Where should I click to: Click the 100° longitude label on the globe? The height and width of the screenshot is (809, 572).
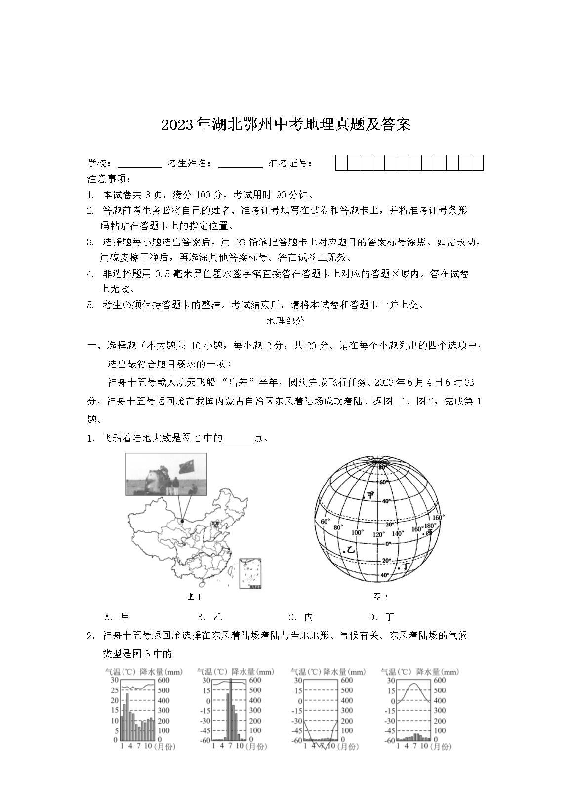[x=357, y=533]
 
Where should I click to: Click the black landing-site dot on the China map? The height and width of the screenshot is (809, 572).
[x=182, y=521]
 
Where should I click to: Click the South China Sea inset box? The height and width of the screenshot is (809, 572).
[x=250, y=573]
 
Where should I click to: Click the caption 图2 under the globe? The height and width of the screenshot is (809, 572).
[x=380, y=597]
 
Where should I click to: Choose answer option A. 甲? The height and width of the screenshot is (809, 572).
[x=118, y=617]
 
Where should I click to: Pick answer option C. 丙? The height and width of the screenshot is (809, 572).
[x=301, y=617]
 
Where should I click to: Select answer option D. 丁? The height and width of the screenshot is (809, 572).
[x=382, y=617]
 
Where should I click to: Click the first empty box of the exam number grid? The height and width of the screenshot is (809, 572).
[x=342, y=162]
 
